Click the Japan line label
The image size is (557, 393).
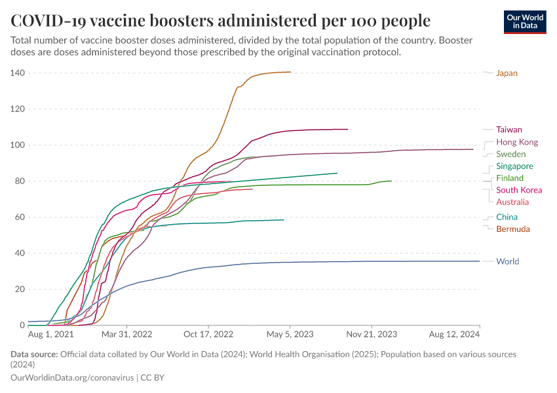pyautogui.click(x=507, y=73)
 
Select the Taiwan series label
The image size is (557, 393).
pyautogui.click(x=509, y=130)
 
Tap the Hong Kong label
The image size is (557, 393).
pyautogui.click(x=517, y=142)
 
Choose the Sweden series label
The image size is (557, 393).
pyautogui.click(x=510, y=154)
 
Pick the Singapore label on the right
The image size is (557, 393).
pyautogui.click(x=514, y=166)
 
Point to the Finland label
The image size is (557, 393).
pyautogui.click(x=509, y=178)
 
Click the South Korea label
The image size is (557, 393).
pyautogui.click(x=519, y=190)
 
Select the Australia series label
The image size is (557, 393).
pyautogui.click(x=512, y=202)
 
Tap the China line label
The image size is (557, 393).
pyautogui.click(x=507, y=217)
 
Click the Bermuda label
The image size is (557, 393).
pyautogui.click(x=513, y=229)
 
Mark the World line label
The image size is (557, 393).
pyautogui.click(x=507, y=261)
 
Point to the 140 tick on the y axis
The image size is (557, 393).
pyautogui.click(x=17, y=73)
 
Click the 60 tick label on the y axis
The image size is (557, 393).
pyautogui.click(x=20, y=217)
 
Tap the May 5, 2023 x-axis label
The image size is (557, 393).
pyautogui.click(x=290, y=334)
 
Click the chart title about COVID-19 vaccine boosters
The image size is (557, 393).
pyautogui.click(x=220, y=20)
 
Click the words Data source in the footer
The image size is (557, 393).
pyautogui.click(x=33, y=354)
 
